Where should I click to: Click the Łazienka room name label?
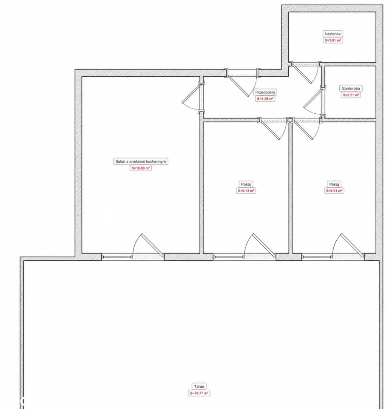tap(332, 34)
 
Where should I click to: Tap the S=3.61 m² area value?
tap(332, 40)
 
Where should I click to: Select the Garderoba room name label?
tap(350, 89)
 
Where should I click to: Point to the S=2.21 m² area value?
tap(350, 95)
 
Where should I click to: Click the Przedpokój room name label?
tap(265, 92)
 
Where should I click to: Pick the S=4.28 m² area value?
tap(265, 99)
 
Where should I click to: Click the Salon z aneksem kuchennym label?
tap(141, 161)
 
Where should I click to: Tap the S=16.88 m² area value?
tap(141, 168)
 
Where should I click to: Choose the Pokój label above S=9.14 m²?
tap(246, 184)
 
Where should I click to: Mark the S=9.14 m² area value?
tap(246, 191)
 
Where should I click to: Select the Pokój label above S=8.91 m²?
tap(334, 184)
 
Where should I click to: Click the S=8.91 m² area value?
tap(334, 191)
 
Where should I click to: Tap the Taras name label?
tap(199, 386)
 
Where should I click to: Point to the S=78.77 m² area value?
tap(199, 393)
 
